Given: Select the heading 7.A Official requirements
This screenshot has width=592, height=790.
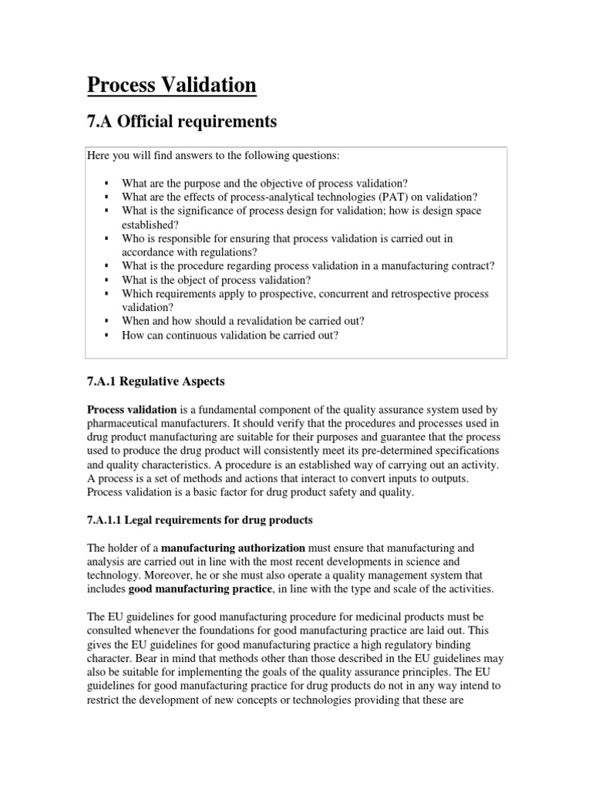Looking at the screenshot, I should point(181,121).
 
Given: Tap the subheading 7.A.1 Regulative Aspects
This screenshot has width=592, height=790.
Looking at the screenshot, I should point(155,381).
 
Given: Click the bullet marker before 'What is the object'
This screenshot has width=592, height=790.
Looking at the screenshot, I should point(105,280).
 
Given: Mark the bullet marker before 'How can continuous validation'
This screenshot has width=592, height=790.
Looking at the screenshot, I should point(105,335).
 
